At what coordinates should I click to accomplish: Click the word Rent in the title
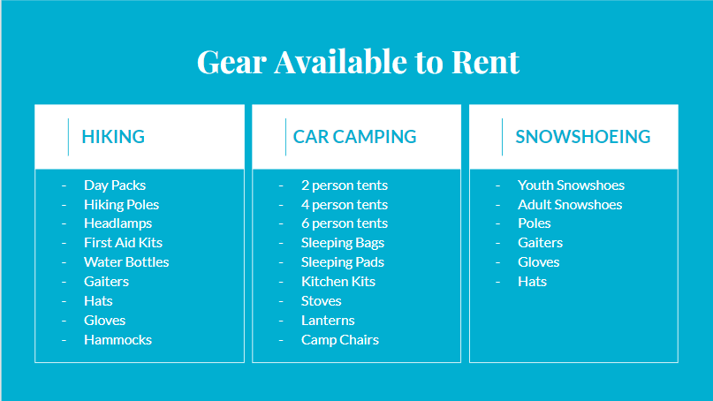(x=485, y=62)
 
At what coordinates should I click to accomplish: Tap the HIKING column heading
(x=113, y=136)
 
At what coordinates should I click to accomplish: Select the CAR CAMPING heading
(x=354, y=136)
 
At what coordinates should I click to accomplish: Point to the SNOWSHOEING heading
(x=583, y=136)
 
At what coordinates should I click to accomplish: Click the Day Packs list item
(x=115, y=185)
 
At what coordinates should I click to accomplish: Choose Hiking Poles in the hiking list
(x=121, y=205)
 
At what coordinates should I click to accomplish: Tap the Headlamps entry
(x=118, y=223)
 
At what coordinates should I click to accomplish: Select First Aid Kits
(x=123, y=242)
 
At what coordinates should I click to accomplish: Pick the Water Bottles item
(x=126, y=261)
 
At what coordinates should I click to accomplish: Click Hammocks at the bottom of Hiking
(x=118, y=340)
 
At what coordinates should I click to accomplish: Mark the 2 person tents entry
(x=345, y=185)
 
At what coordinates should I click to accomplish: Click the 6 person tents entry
(x=345, y=223)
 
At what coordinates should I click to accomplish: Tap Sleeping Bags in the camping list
(x=343, y=243)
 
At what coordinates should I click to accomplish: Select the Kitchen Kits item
(x=338, y=282)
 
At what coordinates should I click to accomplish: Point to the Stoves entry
(x=322, y=301)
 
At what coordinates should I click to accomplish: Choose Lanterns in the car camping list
(x=328, y=320)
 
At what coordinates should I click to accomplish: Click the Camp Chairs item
(x=340, y=340)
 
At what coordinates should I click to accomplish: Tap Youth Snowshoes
(x=571, y=185)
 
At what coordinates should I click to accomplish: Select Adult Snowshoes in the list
(x=570, y=205)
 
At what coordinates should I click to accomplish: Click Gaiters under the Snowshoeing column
(x=540, y=242)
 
